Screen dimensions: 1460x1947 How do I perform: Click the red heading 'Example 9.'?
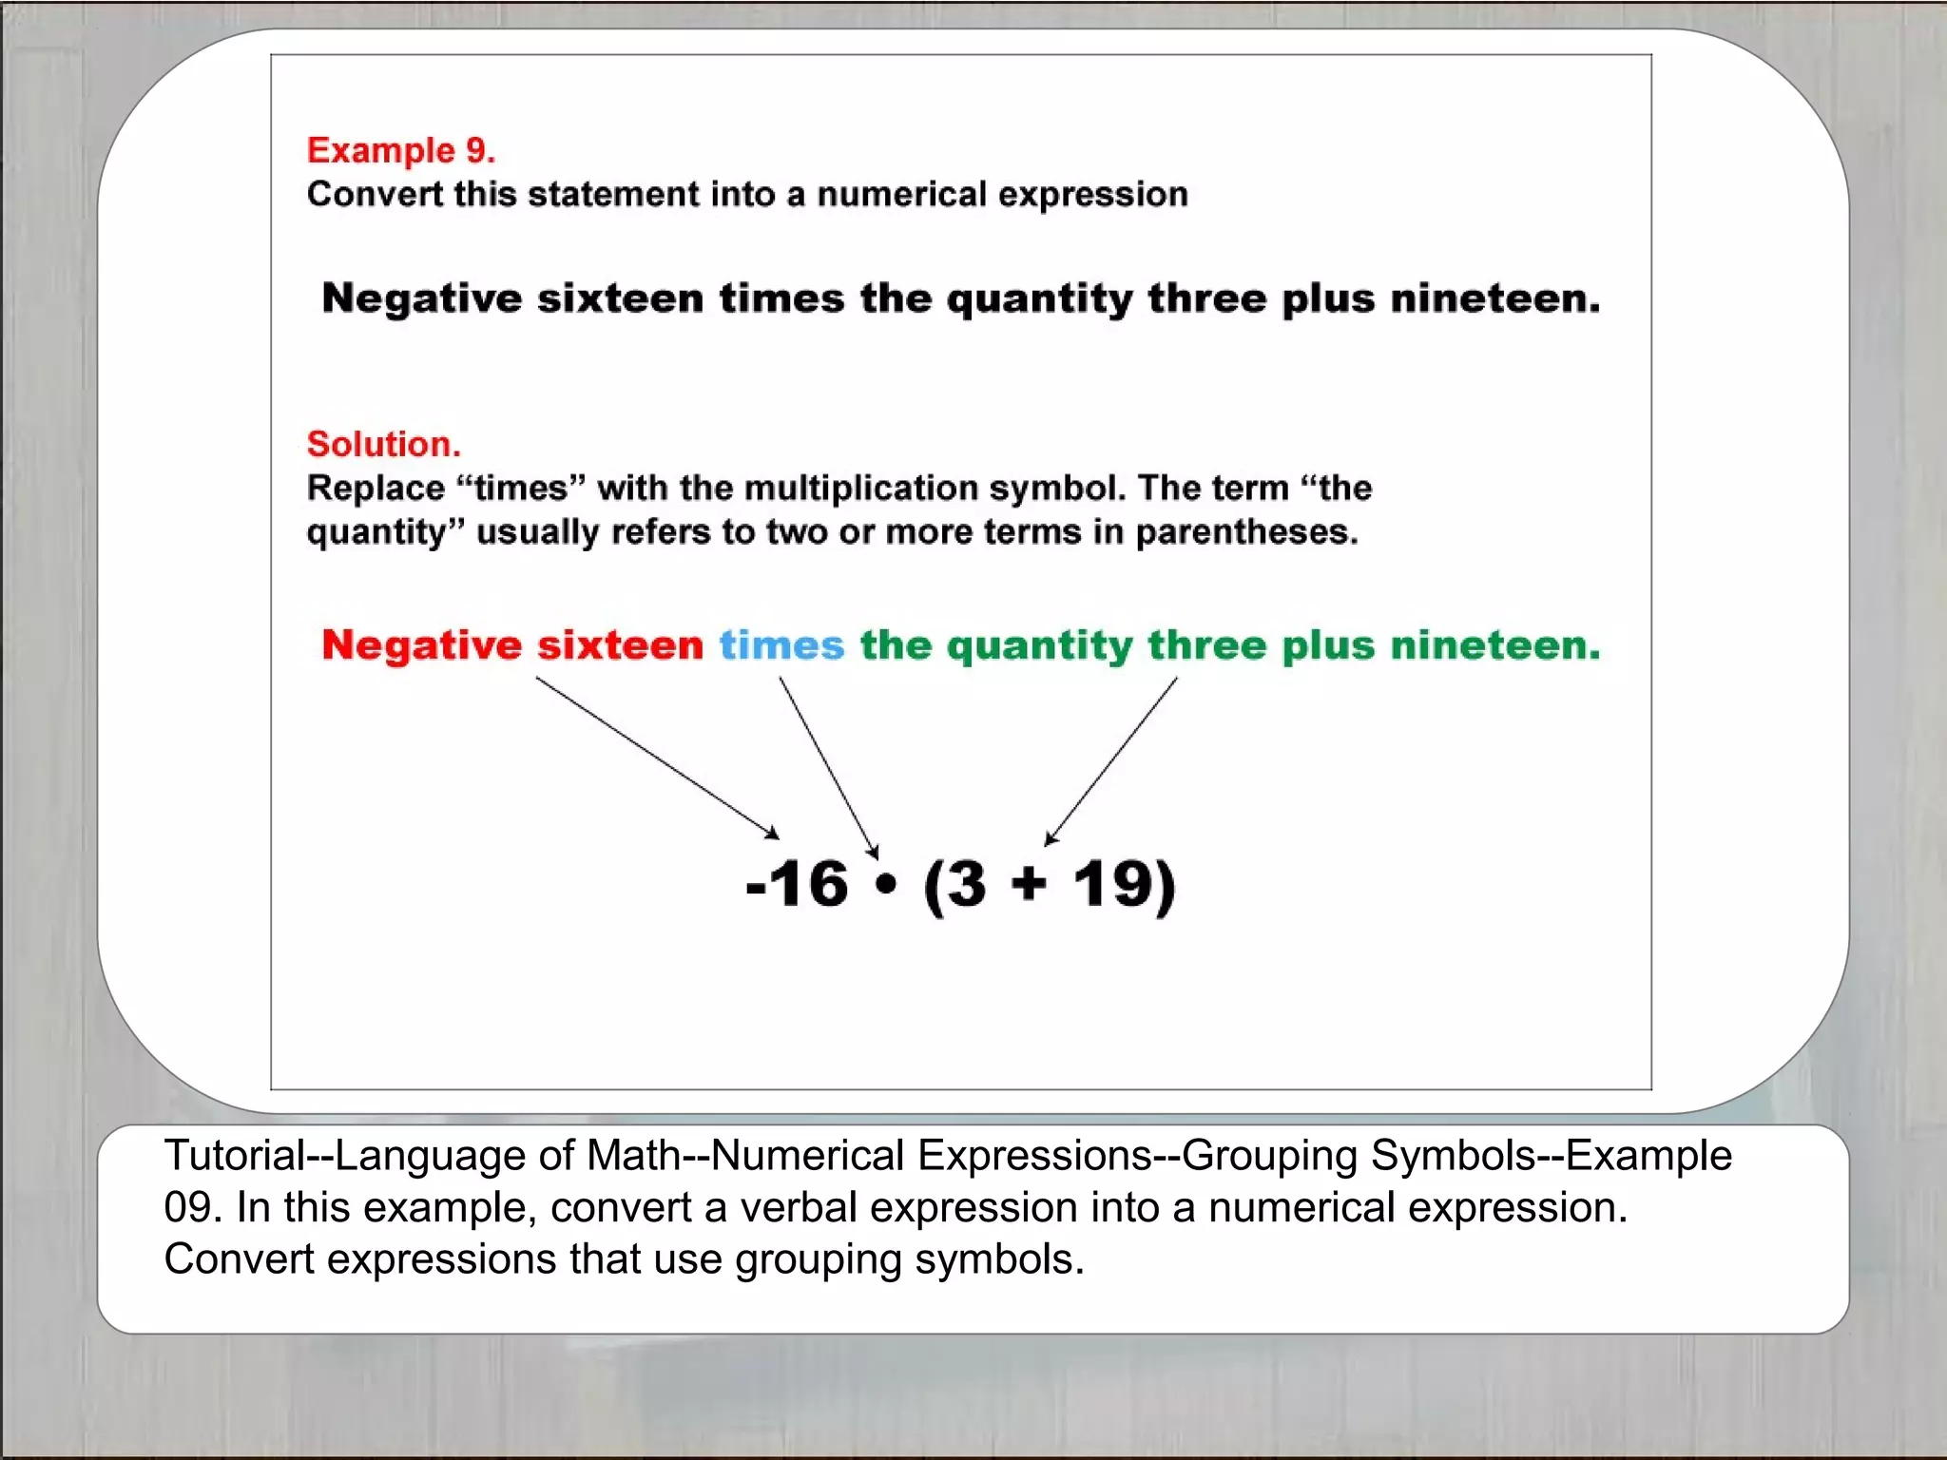(400, 150)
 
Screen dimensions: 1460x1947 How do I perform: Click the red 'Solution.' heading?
(383, 444)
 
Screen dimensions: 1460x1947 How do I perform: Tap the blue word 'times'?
(781, 645)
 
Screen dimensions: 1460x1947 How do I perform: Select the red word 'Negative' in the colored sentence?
(421, 645)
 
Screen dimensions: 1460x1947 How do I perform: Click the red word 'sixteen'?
(620, 645)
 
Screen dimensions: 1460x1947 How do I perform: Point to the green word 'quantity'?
(1039, 647)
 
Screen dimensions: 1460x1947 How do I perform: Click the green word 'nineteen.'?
(1494, 645)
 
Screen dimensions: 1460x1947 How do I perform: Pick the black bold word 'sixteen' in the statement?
(620, 298)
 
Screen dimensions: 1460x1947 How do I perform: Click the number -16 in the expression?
(797, 884)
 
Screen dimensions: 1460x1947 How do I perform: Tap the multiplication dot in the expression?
(886, 885)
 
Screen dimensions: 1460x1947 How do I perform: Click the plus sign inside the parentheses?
(1029, 884)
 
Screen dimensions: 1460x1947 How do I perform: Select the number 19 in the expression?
(1112, 884)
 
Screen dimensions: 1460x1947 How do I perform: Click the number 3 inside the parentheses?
(967, 884)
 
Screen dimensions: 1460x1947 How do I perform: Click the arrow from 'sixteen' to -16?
(657, 758)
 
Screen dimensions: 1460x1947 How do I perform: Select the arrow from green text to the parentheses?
(1111, 760)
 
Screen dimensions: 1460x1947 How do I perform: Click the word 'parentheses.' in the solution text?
(1246, 532)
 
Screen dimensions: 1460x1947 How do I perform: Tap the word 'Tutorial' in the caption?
(234, 1156)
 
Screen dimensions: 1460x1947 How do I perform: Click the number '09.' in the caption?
(192, 1208)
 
